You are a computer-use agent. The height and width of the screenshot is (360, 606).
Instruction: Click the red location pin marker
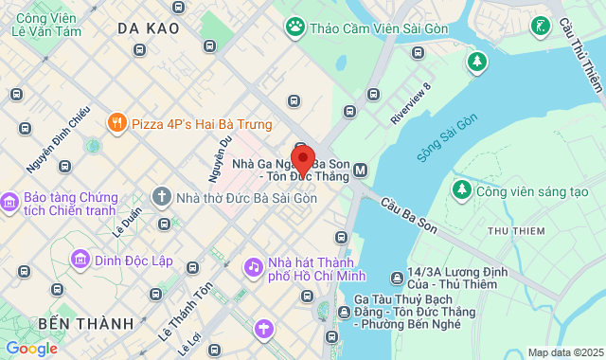point(303,159)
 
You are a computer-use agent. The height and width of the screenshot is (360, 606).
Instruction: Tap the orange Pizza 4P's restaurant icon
point(116,122)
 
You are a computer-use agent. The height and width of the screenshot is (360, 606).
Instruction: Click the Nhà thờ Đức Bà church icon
point(162,197)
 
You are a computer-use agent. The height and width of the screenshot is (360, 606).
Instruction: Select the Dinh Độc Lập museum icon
point(80,259)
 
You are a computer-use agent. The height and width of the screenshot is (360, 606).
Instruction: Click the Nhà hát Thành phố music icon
point(253,267)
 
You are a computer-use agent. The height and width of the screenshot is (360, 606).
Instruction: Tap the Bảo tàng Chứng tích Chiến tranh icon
point(10,203)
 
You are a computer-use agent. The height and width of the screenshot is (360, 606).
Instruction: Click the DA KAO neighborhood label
point(149,28)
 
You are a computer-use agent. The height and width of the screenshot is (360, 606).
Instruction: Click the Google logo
point(31,349)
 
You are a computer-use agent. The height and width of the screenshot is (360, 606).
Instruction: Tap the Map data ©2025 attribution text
point(564,352)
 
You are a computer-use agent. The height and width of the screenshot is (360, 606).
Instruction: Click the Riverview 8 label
point(411,104)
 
